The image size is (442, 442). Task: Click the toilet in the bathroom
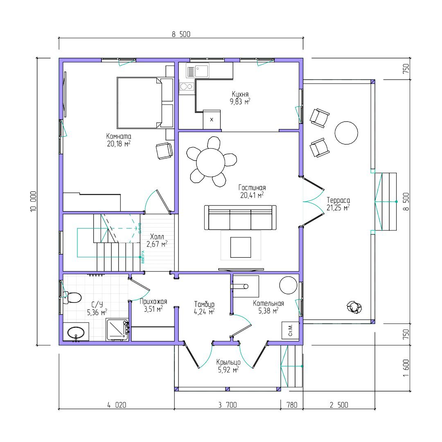tap(73, 297)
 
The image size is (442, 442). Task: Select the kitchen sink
tap(198, 71)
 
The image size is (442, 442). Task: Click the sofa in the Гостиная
tap(240, 218)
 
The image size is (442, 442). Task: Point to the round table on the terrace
tap(346, 133)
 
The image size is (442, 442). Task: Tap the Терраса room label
tap(338, 200)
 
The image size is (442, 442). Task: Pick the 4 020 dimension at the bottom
tap(117, 405)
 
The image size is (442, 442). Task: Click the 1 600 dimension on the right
tap(406, 369)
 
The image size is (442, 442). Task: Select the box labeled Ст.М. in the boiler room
tap(290, 330)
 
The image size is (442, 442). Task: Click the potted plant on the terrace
tap(354, 307)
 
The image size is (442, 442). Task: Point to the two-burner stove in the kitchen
tap(187, 87)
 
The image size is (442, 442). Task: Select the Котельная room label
tap(268, 303)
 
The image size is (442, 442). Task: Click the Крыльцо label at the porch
tap(228, 362)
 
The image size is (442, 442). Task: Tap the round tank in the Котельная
tap(288, 285)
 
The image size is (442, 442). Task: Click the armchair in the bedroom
tap(165, 151)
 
